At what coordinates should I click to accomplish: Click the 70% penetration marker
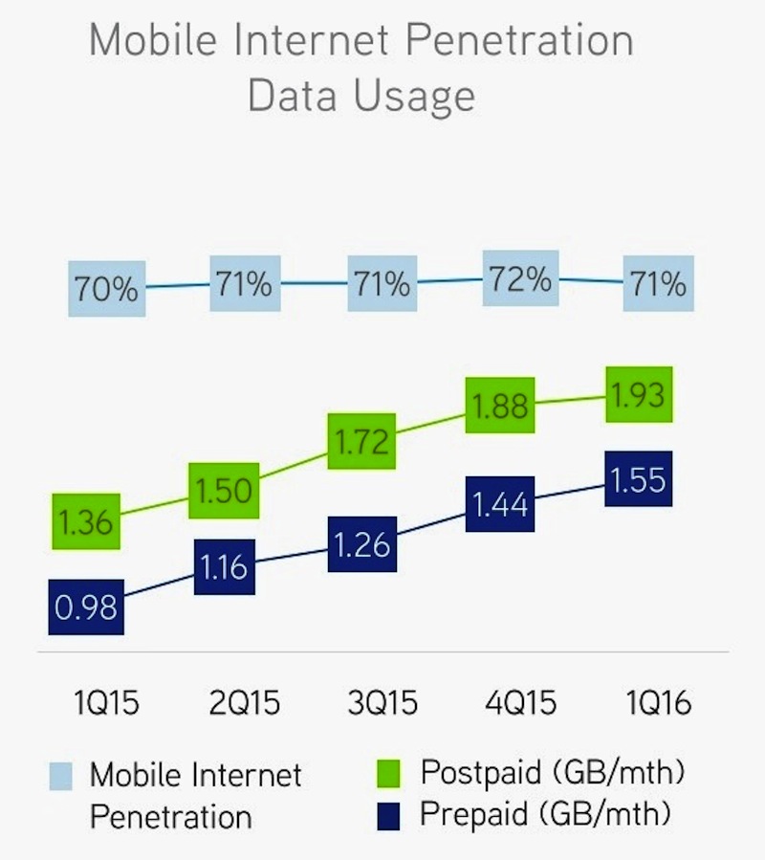point(107,288)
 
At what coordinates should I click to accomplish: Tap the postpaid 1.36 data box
point(86,521)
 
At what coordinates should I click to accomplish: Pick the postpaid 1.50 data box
point(223,492)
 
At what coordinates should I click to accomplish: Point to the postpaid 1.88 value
point(499,406)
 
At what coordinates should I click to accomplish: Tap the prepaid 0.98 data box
point(86,606)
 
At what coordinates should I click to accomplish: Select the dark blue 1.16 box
point(224,567)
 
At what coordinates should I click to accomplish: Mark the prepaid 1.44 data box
point(499,504)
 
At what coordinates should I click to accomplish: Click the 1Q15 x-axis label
point(106,704)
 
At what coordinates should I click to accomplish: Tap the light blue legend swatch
point(60,777)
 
